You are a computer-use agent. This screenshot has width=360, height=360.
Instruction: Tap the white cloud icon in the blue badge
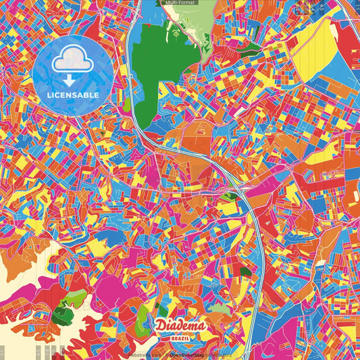(73, 62)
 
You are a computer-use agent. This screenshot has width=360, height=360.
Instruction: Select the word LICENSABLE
(73, 95)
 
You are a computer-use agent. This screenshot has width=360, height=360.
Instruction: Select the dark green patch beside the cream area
(62, 311)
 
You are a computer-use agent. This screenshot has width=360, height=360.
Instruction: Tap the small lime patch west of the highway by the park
(126, 104)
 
